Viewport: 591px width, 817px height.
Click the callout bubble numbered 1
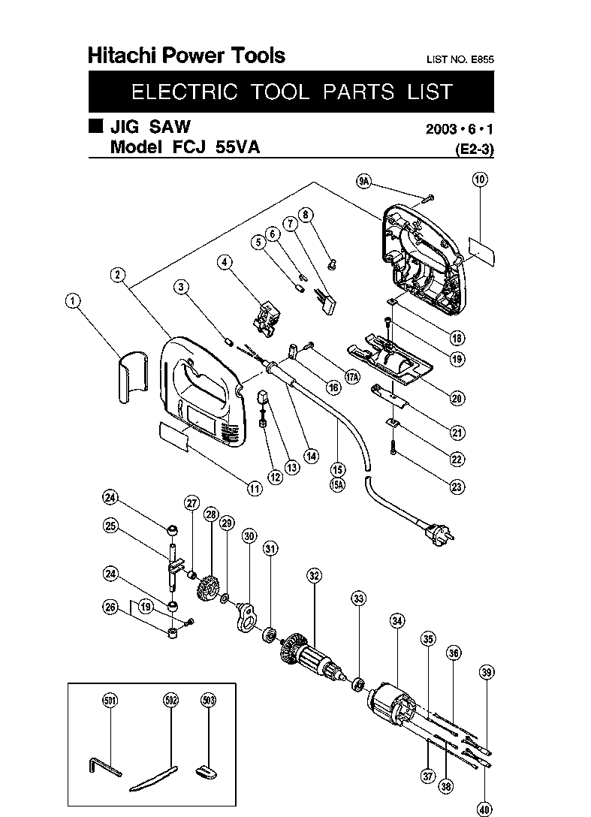click(72, 300)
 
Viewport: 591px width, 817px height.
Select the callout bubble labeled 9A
click(363, 181)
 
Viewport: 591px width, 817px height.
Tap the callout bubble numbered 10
click(479, 179)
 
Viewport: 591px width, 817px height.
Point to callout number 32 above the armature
click(314, 576)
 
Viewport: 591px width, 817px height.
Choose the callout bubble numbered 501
click(110, 700)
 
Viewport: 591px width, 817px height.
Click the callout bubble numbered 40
click(484, 809)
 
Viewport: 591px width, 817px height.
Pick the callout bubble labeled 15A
click(338, 485)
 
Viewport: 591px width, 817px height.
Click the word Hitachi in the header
click(122, 56)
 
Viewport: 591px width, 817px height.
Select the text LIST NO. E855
click(460, 59)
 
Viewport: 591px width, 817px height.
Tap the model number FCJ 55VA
click(216, 147)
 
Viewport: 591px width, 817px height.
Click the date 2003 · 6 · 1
click(459, 128)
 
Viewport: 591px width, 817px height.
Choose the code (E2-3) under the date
click(475, 150)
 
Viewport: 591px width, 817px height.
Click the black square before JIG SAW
click(96, 126)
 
